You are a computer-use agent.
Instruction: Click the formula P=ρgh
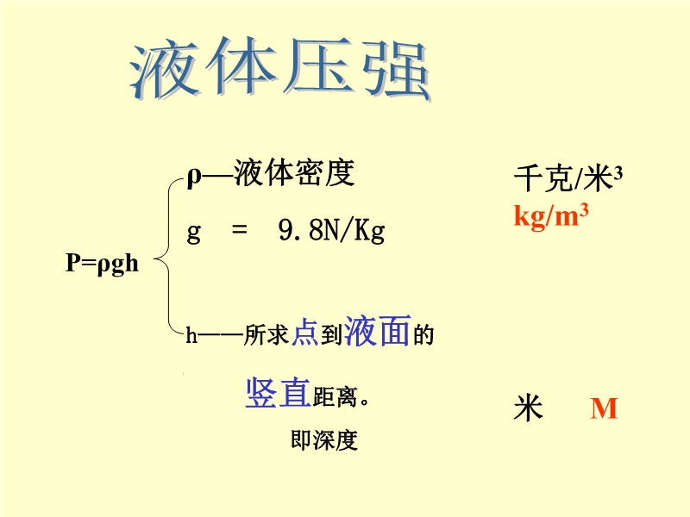click(102, 264)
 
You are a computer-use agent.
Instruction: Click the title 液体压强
click(280, 70)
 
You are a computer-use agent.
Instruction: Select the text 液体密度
click(294, 173)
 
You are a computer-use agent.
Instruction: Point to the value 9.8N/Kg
click(332, 230)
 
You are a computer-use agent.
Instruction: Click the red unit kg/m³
click(551, 216)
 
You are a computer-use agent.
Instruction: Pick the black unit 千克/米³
click(568, 178)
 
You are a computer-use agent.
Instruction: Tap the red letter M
click(605, 408)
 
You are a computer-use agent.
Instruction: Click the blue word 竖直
click(278, 392)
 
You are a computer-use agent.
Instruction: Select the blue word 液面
click(378, 331)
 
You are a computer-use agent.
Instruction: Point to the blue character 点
click(305, 333)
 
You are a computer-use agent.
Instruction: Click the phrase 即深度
click(324, 440)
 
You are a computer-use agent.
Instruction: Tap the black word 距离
click(335, 397)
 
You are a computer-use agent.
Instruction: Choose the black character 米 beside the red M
click(528, 408)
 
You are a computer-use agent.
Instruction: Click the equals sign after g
click(240, 229)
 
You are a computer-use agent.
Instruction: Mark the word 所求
click(267, 335)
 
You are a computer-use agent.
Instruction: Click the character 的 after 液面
click(423, 335)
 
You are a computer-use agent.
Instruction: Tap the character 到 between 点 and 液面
click(331, 335)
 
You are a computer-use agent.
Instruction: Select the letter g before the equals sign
click(193, 232)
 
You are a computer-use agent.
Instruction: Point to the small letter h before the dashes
click(191, 335)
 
